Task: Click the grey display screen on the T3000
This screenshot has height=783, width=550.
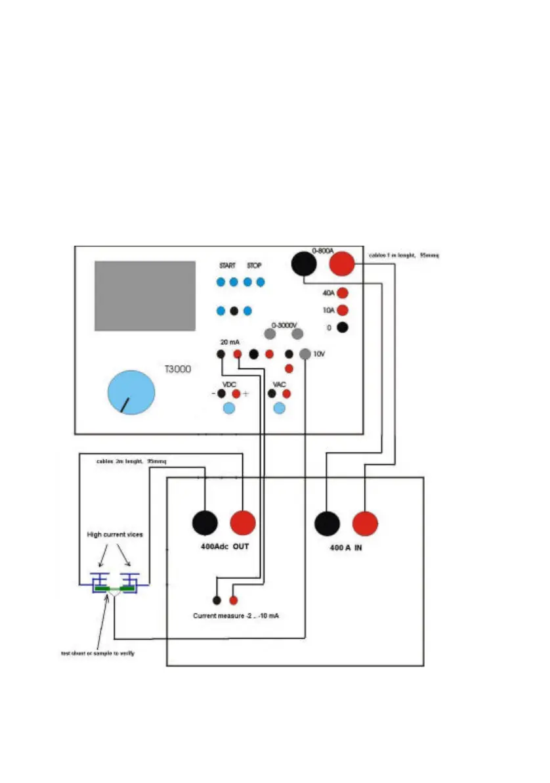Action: (x=145, y=296)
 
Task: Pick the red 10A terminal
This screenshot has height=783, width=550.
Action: (x=341, y=310)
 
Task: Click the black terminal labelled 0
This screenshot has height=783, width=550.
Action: (x=341, y=326)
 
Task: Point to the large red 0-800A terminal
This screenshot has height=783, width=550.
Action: (x=341, y=264)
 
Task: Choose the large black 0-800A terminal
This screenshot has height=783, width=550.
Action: (x=303, y=264)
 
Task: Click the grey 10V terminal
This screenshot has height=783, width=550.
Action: (x=305, y=354)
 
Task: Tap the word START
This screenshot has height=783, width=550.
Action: (x=227, y=266)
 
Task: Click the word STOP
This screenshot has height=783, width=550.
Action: (x=254, y=266)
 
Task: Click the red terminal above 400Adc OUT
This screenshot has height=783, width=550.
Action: (x=243, y=524)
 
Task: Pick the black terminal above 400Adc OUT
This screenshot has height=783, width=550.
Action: (x=205, y=524)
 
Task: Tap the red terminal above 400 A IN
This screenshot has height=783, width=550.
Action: (x=365, y=524)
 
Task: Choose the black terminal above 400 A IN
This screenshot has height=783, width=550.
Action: (x=327, y=524)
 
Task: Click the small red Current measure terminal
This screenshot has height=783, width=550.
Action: (x=233, y=600)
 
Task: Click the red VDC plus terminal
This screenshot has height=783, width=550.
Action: (x=236, y=393)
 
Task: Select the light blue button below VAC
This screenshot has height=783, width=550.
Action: (x=279, y=409)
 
